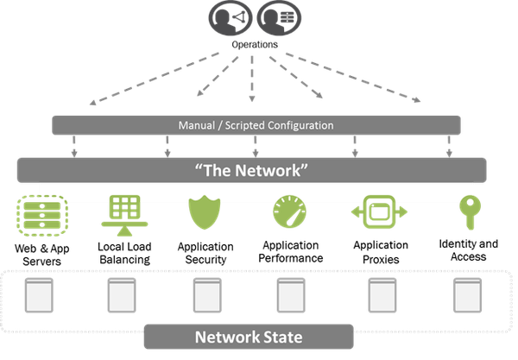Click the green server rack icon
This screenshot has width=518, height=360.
[38, 212]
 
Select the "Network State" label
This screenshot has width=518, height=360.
[249, 337]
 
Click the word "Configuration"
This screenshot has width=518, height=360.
[294, 125]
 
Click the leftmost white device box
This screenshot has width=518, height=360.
[38, 296]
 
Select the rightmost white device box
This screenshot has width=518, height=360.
[467, 296]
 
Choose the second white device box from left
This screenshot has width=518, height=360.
[121, 296]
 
